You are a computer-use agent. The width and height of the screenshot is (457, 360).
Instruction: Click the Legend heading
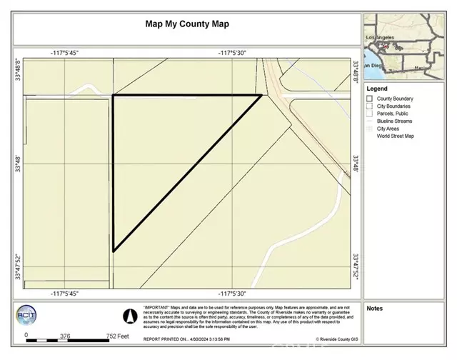coord(378,89)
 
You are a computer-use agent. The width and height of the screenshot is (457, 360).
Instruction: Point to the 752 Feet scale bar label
coord(117,336)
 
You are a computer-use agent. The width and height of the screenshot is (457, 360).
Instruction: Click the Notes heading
coord(375,309)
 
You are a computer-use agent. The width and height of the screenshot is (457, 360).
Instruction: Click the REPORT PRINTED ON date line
coord(187,339)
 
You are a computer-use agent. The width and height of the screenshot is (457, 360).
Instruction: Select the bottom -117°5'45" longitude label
coord(64,294)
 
